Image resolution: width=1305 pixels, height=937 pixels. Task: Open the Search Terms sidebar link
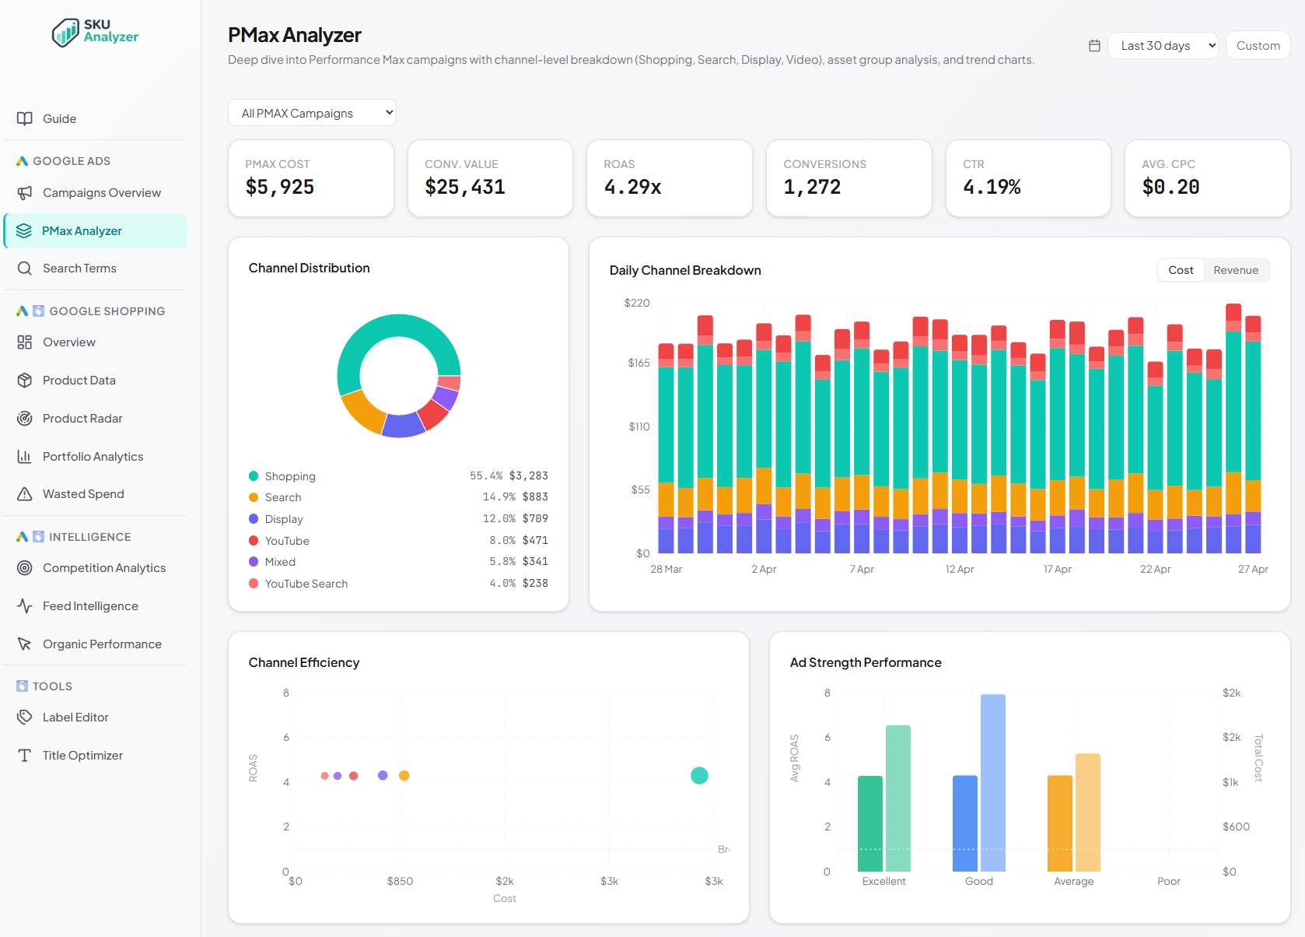pos(79,268)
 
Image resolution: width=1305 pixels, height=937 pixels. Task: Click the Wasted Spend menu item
pos(83,494)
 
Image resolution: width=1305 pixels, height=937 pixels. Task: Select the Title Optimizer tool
pos(82,756)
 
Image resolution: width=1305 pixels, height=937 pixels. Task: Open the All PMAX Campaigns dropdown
pos(312,113)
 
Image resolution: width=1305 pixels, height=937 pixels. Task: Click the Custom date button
pos(1258,46)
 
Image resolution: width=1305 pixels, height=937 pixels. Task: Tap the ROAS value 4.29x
pos(632,187)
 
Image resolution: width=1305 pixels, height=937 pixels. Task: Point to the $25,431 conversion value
pos(465,187)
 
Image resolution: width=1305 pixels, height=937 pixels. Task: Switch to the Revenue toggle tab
pos(1235,270)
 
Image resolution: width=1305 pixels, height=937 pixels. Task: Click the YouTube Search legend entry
pos(306,584)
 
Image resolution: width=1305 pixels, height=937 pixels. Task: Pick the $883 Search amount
pos(535,497)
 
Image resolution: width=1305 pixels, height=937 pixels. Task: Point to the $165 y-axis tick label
pos(639,363)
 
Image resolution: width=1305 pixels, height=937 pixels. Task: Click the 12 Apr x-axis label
pos(959,569)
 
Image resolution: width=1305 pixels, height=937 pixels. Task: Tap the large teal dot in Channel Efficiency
pos(699,775)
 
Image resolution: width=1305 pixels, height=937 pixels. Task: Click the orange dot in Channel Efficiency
pos(404,775)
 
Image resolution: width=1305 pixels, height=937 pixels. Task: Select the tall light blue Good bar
pos(992,782)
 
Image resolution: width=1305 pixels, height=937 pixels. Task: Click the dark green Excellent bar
pos(869,823)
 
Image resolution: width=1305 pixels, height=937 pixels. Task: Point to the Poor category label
pos(1168,881)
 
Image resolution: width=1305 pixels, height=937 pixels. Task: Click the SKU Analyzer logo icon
pos(65,33)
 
